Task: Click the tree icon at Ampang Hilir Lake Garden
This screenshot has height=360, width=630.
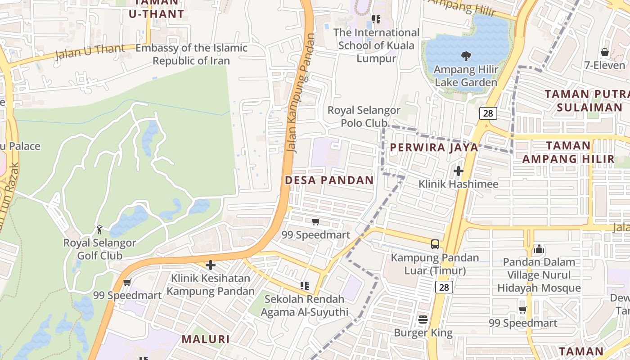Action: coord(466,56)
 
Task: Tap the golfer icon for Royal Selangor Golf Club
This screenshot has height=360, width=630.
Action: coord(99,229)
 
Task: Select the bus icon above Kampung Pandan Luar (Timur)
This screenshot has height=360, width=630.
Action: coord(435,244)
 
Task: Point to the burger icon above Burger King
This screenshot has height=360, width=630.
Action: coord(423,319)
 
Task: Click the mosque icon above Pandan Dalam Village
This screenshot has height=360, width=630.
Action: coord(539,248)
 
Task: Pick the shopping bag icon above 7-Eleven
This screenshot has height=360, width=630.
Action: coord(605,52)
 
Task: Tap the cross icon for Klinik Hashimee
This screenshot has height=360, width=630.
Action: coord(458,171)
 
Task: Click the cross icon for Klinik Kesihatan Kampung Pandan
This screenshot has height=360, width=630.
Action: coord(210,265)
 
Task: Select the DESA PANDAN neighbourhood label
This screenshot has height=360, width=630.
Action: coord(329,180)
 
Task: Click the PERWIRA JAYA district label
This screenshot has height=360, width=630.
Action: coord(434,147)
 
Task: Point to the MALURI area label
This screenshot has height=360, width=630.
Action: coord(206,339)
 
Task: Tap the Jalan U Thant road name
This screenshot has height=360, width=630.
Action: coord(90,51)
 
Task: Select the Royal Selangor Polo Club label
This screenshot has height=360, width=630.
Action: coord(364,117)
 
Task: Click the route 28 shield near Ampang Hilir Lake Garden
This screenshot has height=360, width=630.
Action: coord(488,113)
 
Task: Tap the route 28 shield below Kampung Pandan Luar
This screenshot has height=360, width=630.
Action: coord(444,287)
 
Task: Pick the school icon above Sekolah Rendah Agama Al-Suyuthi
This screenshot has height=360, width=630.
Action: coord(305,286)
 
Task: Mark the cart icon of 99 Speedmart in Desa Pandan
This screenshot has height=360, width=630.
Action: coord(316,221)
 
